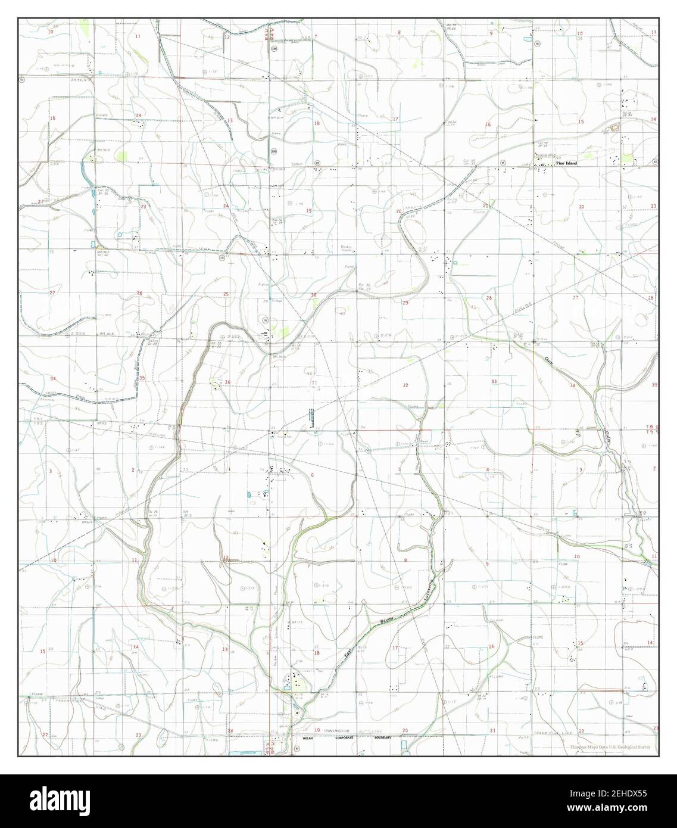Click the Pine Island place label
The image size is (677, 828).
click(566, 163)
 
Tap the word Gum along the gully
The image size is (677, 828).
click(549, 359)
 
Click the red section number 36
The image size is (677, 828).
click(227, 382)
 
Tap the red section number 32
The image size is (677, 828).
click(405, 385)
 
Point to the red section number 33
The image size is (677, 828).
click(494, 381)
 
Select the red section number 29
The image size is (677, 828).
click(405, 303)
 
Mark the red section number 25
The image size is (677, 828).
click(226, 294)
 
